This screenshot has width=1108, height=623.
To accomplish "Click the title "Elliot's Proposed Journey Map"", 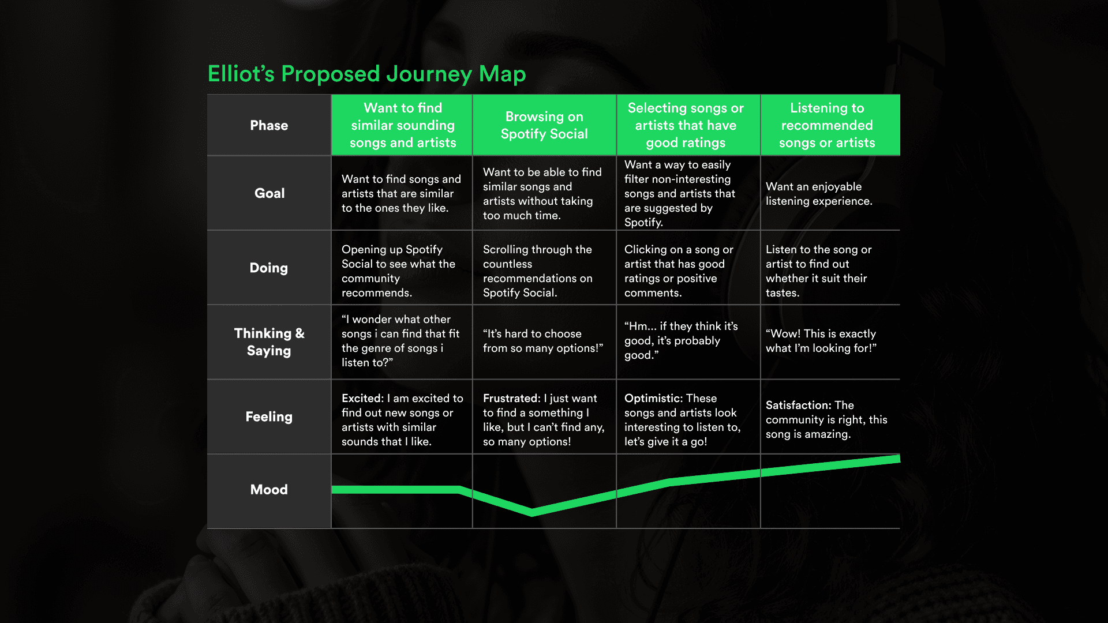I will (366, 74).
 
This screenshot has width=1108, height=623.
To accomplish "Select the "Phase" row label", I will (269, 125).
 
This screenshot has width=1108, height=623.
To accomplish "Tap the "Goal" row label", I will (269, 193).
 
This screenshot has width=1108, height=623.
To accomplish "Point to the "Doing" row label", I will (268, 268).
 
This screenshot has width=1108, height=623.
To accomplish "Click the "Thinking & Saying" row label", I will (269, 341).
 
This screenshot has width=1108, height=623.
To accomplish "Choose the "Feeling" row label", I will (269, 416).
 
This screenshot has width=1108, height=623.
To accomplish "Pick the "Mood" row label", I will (269, 489).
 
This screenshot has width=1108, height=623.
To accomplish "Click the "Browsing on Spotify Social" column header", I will (544, 125).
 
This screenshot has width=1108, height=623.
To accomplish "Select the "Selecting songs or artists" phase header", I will (686, 125).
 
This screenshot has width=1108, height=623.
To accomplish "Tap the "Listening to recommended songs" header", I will (827, 125).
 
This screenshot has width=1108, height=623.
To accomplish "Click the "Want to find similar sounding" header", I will (403, 125).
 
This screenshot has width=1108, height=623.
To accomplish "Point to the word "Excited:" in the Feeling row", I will (362, 398).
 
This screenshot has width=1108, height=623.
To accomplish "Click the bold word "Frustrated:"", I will (511, 398).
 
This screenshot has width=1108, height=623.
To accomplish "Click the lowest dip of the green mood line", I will (532, 512).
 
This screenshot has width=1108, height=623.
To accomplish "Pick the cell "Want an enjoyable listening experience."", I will (819, 194).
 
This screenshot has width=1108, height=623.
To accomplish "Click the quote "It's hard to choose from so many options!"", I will (542, 341).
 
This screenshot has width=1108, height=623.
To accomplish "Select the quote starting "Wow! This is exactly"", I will (821, 341).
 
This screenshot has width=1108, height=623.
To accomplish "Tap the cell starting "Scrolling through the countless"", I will (537, 271).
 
